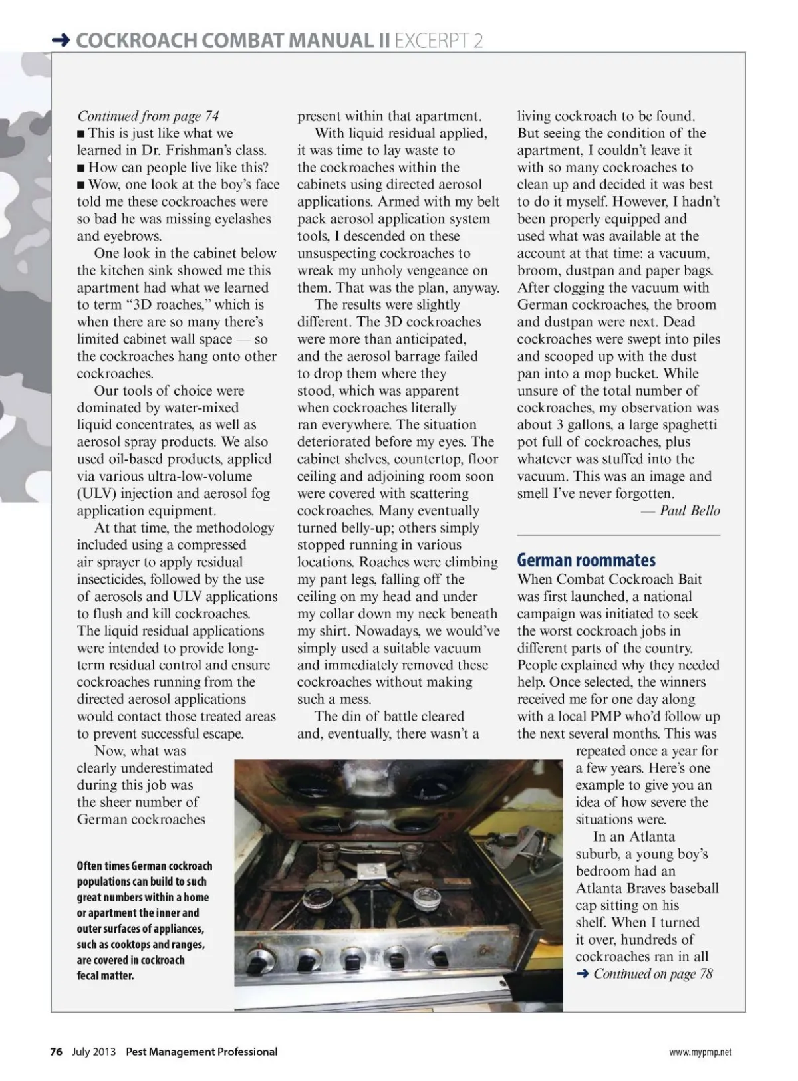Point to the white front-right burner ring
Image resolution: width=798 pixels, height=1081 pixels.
pyautogui.click(x=422, y=901)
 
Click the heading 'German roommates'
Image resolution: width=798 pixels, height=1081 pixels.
pyautogui.click(x=586, y=560)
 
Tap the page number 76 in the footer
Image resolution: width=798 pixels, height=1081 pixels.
pyautogui.click(x=57, y=1052)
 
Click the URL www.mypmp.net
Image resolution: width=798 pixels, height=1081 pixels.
pyautogui.click(x=700, y=1052)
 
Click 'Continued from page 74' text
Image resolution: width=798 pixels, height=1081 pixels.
pyautogui.click(x=148, y=116)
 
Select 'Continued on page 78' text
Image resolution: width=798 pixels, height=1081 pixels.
pyautogui.click(x=652, y=974)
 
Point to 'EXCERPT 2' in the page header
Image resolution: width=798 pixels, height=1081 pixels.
pyautogui.click(x=439, y=41)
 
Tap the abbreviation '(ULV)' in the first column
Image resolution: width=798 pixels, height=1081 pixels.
pyautogui.click(x=98, y=493)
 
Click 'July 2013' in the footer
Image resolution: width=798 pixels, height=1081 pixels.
pyautogui.click(x=94, y=1052)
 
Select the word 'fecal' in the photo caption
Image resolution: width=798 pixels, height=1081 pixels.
pyautogui.click(x=88, y=976)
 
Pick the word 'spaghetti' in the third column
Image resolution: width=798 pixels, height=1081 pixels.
pyautogui.click(x=685, y=425)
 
